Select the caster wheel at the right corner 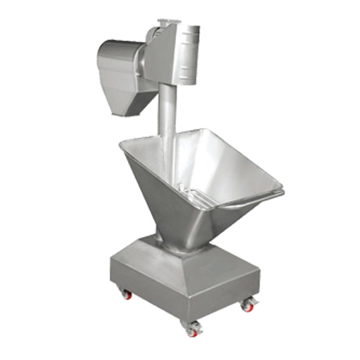[x=249, y=304]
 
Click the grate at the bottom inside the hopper [x=209, y=198]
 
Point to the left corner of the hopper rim [x=121, y=144]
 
